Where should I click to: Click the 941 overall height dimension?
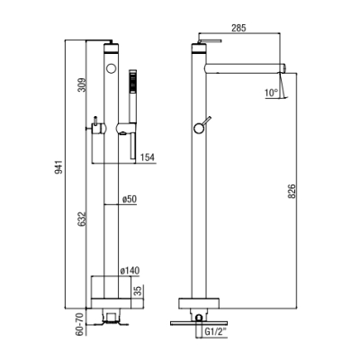(58, 167)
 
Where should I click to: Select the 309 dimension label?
(82, 85)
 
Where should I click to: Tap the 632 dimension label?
(82, 219)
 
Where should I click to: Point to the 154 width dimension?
(148, 157)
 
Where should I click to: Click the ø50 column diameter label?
(130, 199)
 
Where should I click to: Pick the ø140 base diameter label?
(130, 271)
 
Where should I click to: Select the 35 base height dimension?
(139, 291)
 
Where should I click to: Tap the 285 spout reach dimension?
(238, 28)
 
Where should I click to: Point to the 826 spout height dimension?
(292, 191)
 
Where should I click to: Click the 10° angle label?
(272, 93)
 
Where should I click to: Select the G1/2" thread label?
(215, 332)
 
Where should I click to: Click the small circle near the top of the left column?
(112, 68)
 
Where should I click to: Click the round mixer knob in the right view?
(199, 129)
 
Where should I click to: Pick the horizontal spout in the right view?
(245, 68)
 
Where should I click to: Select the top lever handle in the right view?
(210, 40)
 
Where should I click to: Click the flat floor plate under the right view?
(199, 323)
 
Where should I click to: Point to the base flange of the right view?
(199, 303)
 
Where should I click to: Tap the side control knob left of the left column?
(99, 129)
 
